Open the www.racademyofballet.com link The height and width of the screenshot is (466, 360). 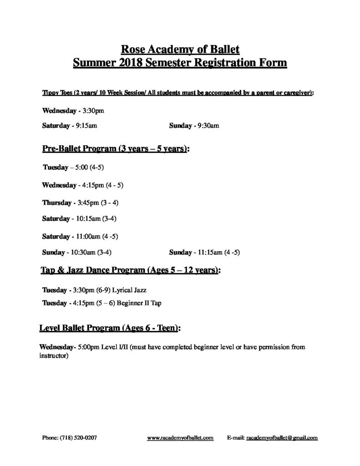click(x=181, y=438)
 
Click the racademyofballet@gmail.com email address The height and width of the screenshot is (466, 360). click(x=282, y=438)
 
